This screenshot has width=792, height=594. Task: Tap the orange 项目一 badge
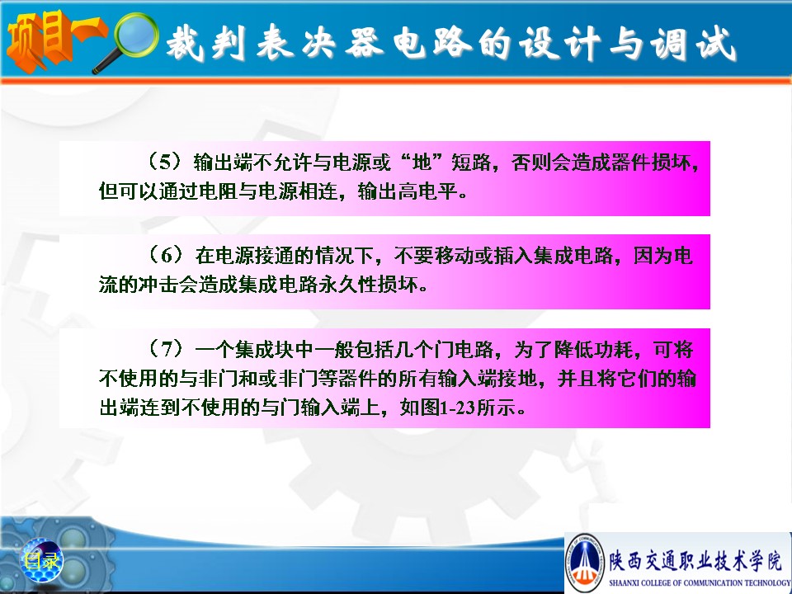[x=55, y=40]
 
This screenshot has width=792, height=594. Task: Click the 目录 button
[x=41, y=561]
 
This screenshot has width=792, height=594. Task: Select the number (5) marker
[x=165, y=162]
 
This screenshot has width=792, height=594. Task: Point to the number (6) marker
[x=165, y=255]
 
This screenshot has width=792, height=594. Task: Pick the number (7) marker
[x=165, y=348]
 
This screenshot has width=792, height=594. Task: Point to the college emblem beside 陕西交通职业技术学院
[x=586, y=562]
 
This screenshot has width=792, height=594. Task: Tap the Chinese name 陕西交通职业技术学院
[x=695, y=561]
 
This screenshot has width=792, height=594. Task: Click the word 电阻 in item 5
[x=219, y=191]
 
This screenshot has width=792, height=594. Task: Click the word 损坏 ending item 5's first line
[x=670, y=162]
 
